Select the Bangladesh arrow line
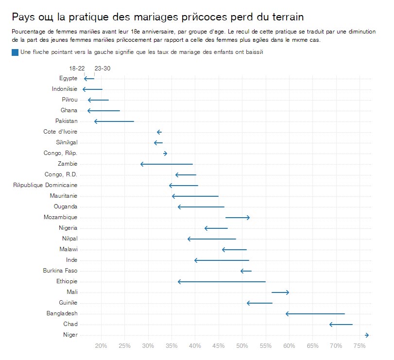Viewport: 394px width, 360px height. click(316, 314)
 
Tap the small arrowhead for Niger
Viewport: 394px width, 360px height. click(367, 335)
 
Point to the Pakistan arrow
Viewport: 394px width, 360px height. click(114, 121)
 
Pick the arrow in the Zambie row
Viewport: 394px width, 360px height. click(166, 164)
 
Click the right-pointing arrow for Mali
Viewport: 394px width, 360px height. click(280, 292)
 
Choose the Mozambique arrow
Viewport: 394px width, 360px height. click(238, 218)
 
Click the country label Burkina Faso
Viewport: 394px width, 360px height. click(60, 271)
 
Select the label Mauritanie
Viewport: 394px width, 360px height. click(63, 196)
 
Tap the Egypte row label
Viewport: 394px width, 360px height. click(68, 79)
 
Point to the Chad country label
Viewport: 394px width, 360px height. click(70, 325)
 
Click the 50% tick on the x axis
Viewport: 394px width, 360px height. click(242, 346)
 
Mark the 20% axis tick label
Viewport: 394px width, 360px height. click(101, 346)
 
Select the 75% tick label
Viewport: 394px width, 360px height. click(360, 346)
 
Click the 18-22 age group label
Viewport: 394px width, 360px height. click(77, 69)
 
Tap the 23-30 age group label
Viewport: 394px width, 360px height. click(103, 69)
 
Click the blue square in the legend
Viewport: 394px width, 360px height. click(15, 52)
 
